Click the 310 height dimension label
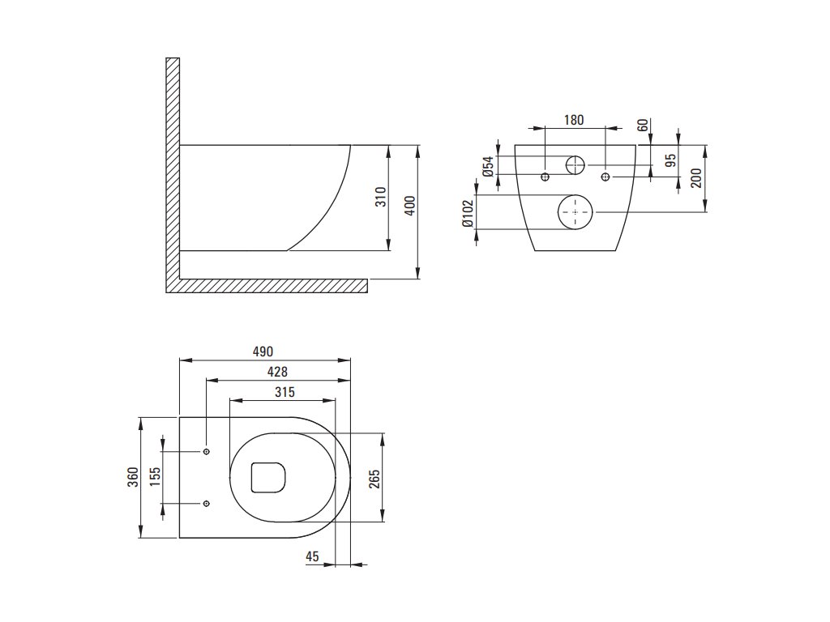point(382,198)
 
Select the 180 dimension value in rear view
point(573,120)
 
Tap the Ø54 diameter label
point(488,167)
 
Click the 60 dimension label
point(643,126)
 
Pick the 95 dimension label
point(670,160)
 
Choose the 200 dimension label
point(696,178)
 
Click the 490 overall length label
point(263,351)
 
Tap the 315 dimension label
point(283,392)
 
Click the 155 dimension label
point(155,477)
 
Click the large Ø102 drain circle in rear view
point(575,212)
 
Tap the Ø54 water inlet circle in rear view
point(575,165)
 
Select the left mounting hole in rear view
point(545,177)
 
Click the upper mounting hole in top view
point(207,451)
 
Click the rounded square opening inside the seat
point(269,476)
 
